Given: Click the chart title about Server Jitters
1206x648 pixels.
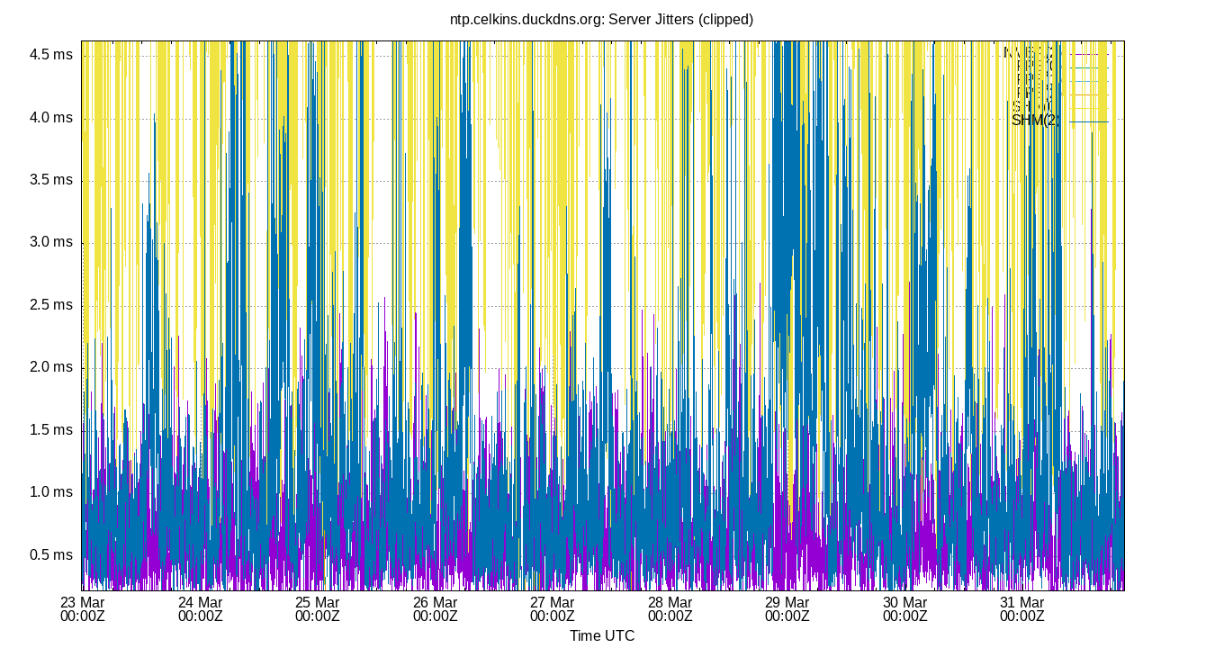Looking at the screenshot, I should tap(601, 19).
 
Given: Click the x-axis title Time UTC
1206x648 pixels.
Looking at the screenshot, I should tap(601, 635).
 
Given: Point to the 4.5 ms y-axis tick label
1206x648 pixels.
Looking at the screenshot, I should tap(51, 55).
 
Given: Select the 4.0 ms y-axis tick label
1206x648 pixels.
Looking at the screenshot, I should tap(51, 117).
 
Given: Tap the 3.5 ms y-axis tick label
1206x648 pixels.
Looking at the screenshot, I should tap(51, 180).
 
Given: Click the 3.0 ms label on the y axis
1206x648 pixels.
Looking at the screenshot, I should tap(51, 242).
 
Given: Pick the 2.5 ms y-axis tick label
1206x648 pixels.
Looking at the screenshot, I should tap(51, 304).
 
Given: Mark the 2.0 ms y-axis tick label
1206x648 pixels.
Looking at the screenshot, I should tap(51, 367).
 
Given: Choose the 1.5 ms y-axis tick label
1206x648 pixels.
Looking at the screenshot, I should tap(51, 429).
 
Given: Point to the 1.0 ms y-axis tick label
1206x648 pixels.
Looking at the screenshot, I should tap(51, 491).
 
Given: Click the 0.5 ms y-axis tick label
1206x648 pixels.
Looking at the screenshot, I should tap(51, 554).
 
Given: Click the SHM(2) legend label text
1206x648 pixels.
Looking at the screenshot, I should tap(1033, 121).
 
